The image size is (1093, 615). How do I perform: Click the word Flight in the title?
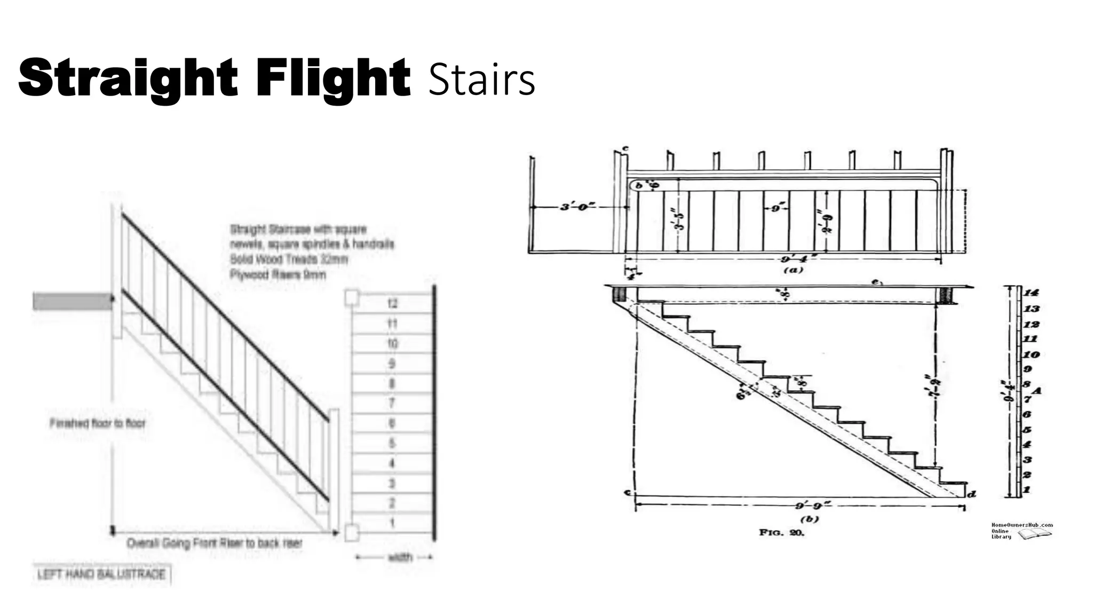pyautogui.click(x=332, y=79)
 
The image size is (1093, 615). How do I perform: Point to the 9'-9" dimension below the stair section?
pyautogui.click(x=809, y=505)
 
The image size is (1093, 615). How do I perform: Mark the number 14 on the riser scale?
pyautogui.click(x=1031, y=293)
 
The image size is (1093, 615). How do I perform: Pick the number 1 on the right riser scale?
pyautogui.click(x=1026, y=490)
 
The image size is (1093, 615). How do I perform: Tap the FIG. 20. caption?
pyautogui.click(x=781, y=532)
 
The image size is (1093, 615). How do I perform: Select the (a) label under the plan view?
pyautogui.click(x=793, y=270)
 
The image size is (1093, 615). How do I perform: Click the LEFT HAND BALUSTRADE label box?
pyautogui.click(x=101, y=574)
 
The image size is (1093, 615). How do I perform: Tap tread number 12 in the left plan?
pyautogui.click(x=392, y=304)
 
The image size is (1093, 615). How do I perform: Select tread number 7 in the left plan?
pyautogui.click(x=392, y=403)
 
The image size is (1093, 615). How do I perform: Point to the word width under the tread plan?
pyautogui.click(x=400, y=557)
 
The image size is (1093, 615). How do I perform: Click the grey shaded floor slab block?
pyautogui.click(x=73, y=301)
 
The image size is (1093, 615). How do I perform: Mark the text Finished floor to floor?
pyautogui.click(x=97, y=423)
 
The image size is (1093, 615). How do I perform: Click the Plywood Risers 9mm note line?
pyautogui.click(x=278, y=274)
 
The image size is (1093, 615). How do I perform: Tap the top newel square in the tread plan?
pyautogui.click(x=351, y=297)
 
